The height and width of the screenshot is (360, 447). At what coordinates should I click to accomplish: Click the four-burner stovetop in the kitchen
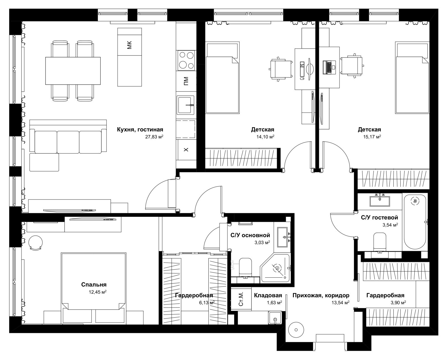point(186,60)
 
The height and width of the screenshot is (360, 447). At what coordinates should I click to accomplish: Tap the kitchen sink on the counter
point(186,105)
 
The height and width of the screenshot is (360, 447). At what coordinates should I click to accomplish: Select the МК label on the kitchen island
point(129,45)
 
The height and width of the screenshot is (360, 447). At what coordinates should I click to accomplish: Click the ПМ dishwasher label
point(186,81)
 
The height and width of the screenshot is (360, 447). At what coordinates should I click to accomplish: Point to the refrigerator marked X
point(186,150)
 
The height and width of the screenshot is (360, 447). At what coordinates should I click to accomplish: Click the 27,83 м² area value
point(154,137)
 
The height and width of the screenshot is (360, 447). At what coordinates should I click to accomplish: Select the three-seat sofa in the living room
point(68,136)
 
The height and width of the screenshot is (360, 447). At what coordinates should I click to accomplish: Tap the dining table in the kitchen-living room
point(73,71)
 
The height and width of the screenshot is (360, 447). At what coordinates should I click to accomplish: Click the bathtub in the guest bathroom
point(415,222)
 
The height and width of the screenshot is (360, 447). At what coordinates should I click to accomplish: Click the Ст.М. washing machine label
point(241,299)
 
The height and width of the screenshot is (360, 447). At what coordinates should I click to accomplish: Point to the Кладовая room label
point(268,295)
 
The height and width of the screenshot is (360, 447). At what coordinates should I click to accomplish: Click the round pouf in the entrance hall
point(296,330)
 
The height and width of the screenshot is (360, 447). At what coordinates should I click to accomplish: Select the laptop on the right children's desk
point(329,67)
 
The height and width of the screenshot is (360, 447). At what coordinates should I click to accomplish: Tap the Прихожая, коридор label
point(321,296)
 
